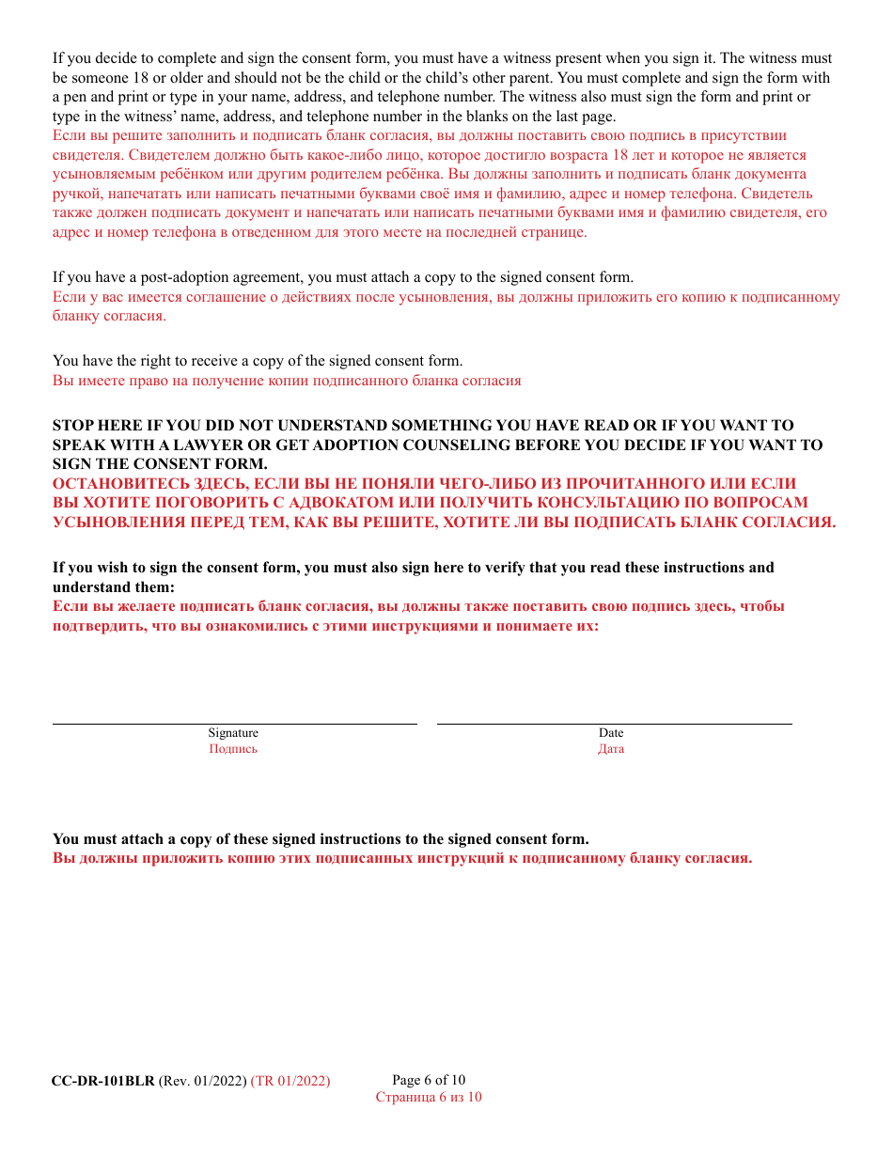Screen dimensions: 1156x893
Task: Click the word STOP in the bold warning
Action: (x=72, y=426)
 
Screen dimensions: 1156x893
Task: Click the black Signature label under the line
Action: (x=233, y=733)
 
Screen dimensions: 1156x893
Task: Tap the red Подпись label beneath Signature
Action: (x=233, y=749)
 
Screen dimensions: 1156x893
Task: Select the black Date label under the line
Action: (x=611, y=733)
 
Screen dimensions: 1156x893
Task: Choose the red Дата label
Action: (x=611, y=749)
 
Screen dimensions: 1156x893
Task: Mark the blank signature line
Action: (x=234, y=723)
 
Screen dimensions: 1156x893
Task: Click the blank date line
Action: (x=614, y=723)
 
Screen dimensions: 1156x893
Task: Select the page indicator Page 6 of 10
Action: (x=429, y=1080)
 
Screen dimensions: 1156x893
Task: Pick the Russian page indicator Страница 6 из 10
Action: (x=429, y=1097)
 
